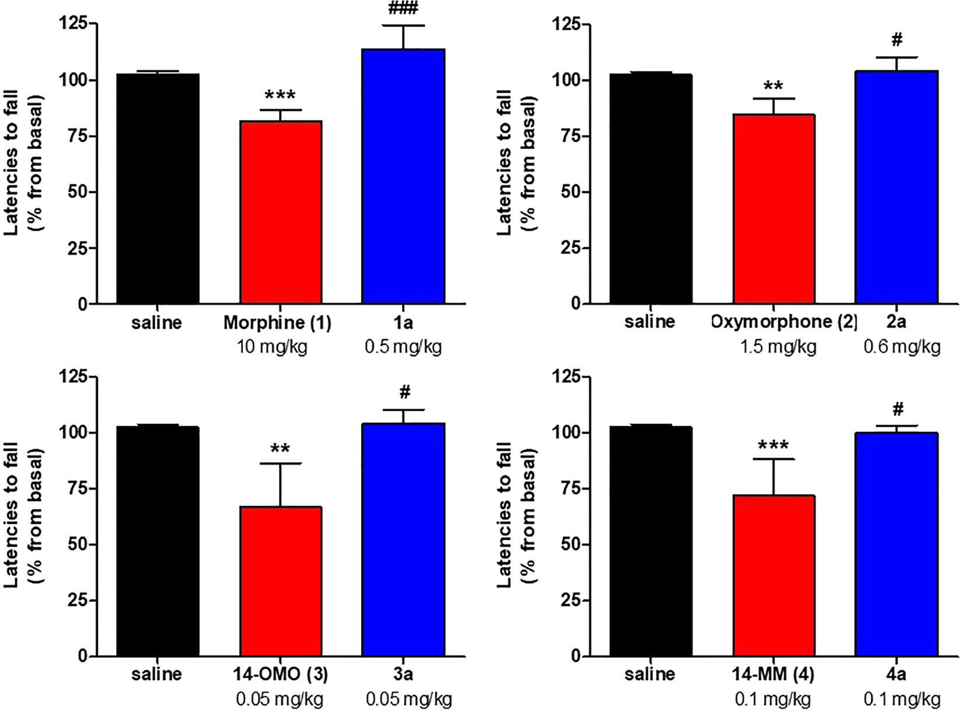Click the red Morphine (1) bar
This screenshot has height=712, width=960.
(x=281, y=213)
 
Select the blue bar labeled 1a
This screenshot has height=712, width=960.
(x=403, y=176)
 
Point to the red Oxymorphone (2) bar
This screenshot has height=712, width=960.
(x=774, y=209)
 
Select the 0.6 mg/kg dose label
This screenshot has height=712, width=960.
(x=902, y=347)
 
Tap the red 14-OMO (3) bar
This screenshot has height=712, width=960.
(x=281, y=581)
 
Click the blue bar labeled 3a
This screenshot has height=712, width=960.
(x=403, y=540)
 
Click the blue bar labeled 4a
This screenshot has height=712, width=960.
(x=896, y=544)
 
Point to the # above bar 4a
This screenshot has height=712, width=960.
(x=898, y=408)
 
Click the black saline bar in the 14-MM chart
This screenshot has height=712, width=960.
(x=651, y=541)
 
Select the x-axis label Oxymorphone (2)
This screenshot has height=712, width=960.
(x=784, y=322)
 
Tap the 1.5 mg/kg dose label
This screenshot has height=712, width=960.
(x=779, y=347)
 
